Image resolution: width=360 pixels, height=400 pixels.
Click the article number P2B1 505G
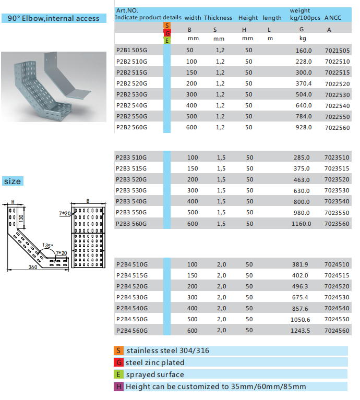point(131,50)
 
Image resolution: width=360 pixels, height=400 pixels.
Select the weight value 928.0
point(303,127)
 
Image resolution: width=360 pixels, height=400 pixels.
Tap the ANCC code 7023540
point(337,201)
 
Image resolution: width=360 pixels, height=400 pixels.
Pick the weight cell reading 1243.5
point(302,331)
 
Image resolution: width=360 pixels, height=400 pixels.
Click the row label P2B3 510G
point(131,157)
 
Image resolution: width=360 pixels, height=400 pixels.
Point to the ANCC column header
point(332,18)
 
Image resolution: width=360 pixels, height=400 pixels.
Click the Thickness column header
point(218,18)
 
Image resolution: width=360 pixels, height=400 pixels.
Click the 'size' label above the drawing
point(13,181)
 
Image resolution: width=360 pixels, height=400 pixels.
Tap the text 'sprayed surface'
point(154,374)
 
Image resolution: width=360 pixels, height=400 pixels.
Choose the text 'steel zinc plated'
point(155,362)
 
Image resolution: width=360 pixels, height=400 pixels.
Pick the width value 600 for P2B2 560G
point(192,127)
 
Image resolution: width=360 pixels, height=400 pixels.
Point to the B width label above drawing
point(88,200)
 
